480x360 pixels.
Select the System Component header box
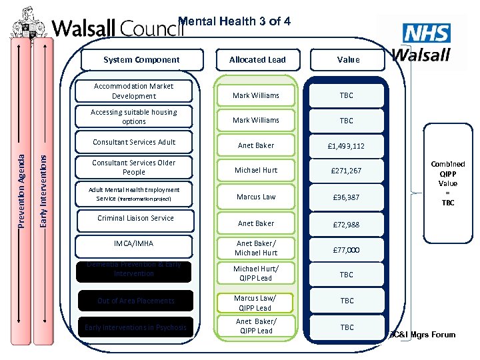pos(141,60)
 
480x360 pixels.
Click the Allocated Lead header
pos(257,60)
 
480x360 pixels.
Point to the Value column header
pos(348,60)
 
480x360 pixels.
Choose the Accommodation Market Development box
pos(134,91)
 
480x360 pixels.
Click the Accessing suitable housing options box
pos(134,117)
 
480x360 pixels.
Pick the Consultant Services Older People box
pos(134,167)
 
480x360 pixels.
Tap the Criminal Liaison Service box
pos(134,218)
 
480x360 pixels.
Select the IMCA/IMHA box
pos(133,244)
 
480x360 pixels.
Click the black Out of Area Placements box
pos(135,301)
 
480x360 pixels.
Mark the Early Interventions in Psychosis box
pos(135,327)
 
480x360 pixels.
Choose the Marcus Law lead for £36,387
pos(256,197)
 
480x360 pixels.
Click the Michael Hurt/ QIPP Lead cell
pos(256,273)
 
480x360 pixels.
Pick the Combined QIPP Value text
pos(448,183)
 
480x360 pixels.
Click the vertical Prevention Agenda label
pos(21,189)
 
